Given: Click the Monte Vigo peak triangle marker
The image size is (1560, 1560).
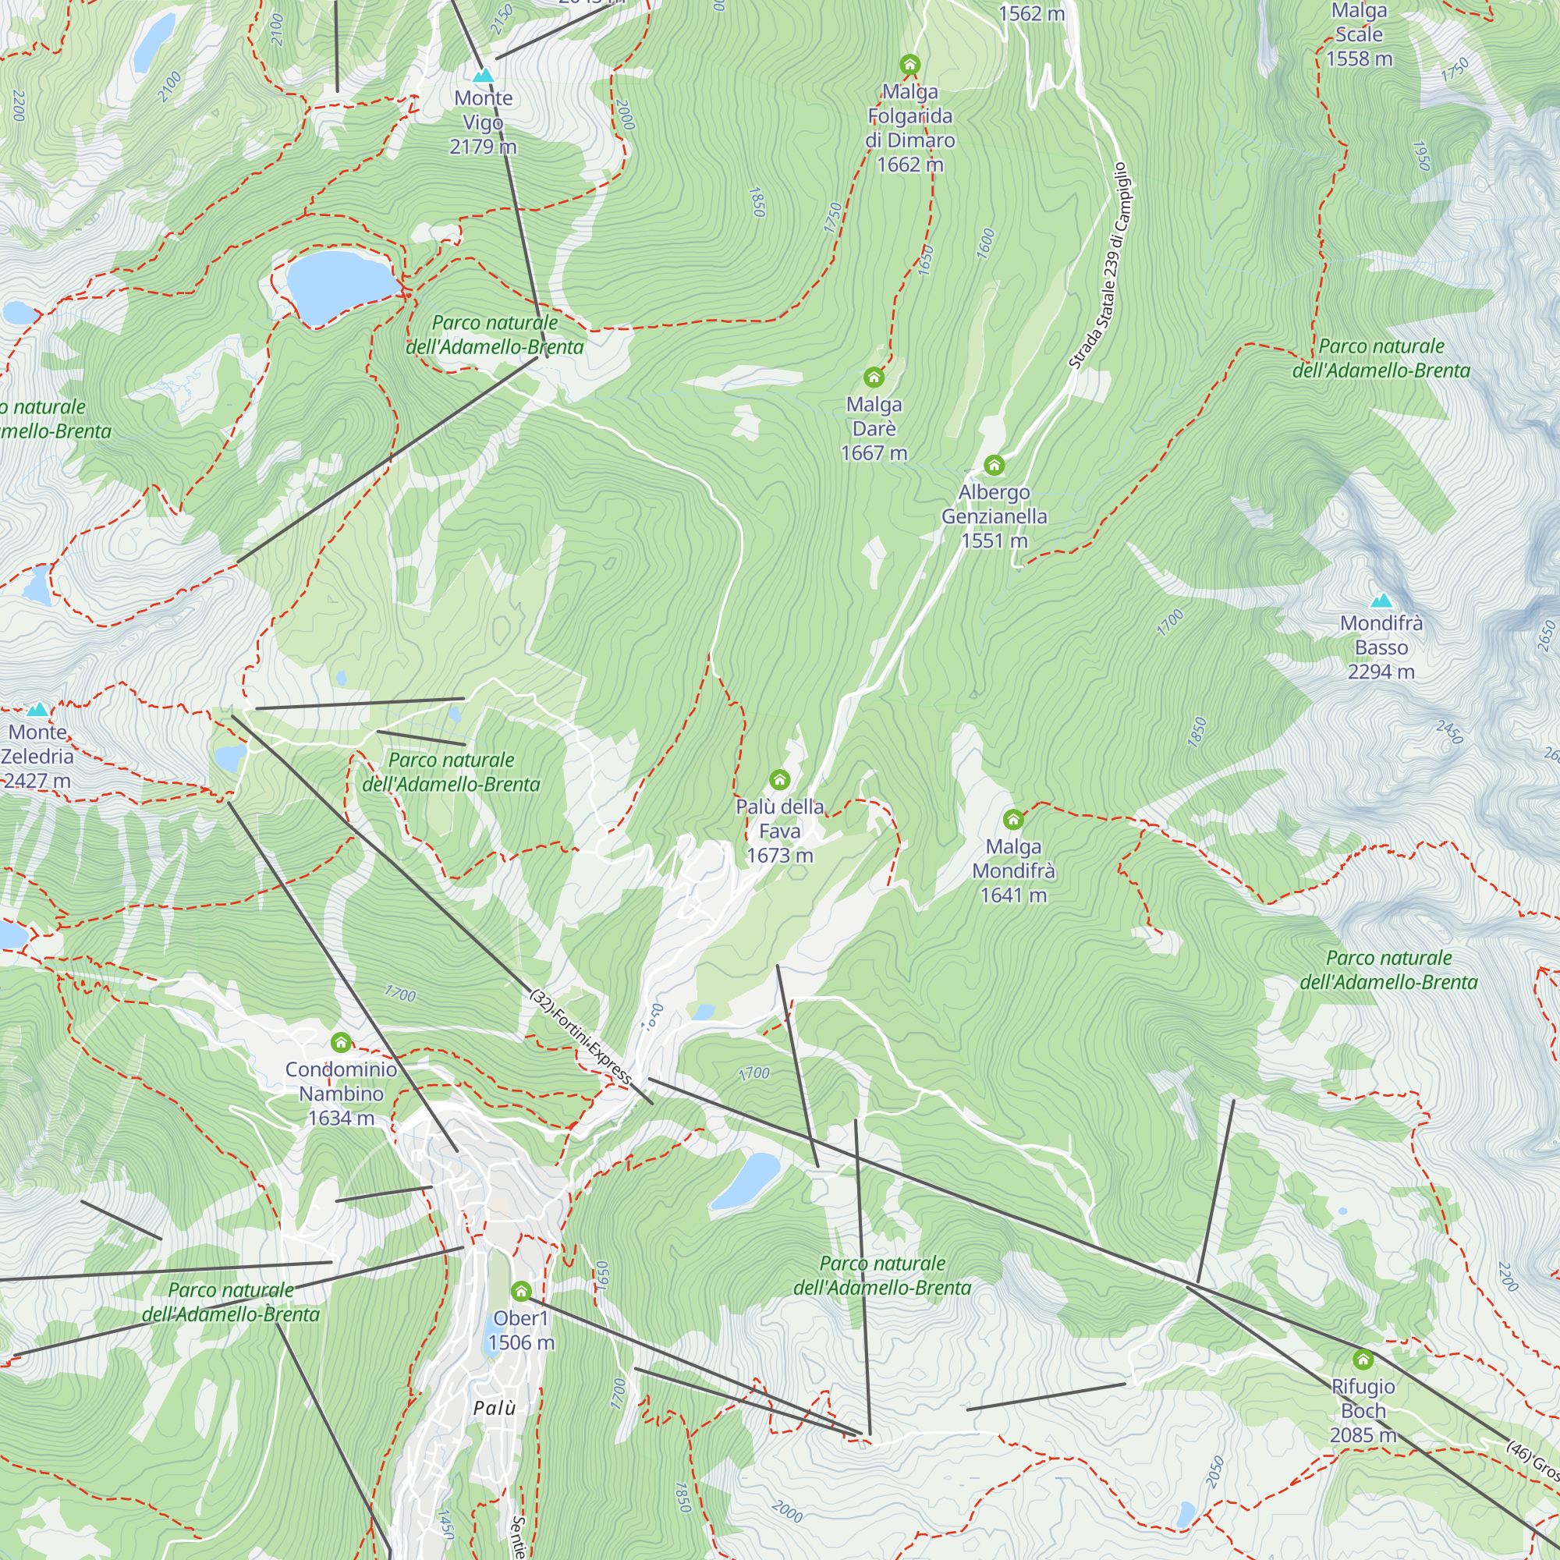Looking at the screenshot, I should point(483,76).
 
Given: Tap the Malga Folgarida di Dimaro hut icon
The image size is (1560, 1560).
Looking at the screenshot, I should point(910,65).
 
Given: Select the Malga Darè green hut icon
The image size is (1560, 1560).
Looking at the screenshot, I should point(874,377).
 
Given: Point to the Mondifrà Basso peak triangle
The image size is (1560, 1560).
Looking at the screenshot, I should point(1381,601).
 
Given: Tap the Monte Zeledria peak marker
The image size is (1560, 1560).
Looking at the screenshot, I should point(37,710).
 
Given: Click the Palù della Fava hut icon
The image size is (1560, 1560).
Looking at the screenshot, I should point(779,779).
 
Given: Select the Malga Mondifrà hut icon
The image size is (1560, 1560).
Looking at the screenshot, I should point(1013,820).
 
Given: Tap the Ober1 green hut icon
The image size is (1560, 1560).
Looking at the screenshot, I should point(522,1291).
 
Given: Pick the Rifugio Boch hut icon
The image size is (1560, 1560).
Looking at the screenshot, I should point(1363,1360).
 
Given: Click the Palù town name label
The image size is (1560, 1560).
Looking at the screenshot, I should point(495,1408).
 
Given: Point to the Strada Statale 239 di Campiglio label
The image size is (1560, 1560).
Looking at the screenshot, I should point(1100,267).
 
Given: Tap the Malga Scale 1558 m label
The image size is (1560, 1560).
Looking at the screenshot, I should point(1359,35).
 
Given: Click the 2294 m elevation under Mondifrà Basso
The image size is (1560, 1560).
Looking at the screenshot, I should point(1381,672).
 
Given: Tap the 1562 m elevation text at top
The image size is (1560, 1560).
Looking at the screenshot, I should point(1031,14).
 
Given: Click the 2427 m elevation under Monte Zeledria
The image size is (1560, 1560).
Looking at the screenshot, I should point(37,781).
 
